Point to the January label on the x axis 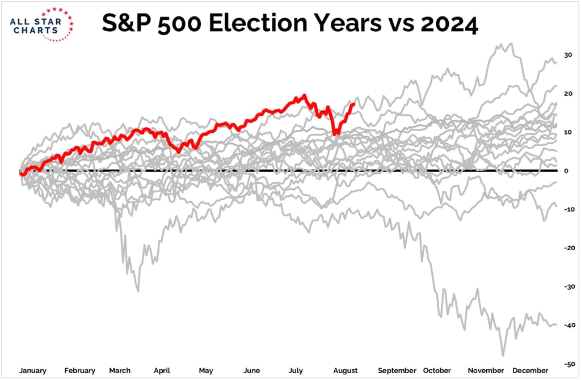[x=33, y=370]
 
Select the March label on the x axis [x=120, y=370]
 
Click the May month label [x=205, y=370]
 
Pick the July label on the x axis [x=296, y=370]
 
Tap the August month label [x=345, y=370]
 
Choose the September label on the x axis [x=397, y=370]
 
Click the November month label [x=486, y=370]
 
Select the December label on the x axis [x=532, y=370]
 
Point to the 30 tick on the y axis [x=567, y=55]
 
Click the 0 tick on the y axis [x=567, y=171]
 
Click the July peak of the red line [x=305, y=95]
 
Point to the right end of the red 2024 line [x=354, y=104]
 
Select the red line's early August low [x=335, y=134]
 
